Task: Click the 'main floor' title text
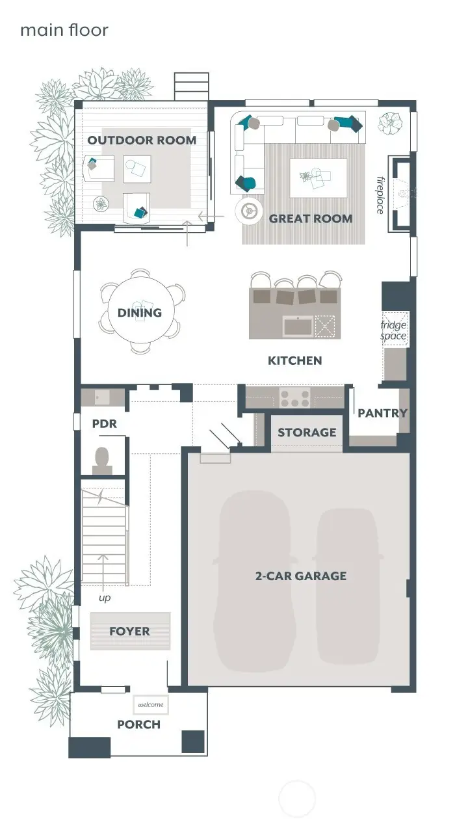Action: coord(64,30)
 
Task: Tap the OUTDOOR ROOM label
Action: coord(142,140)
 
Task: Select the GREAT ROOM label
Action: coord(311,219)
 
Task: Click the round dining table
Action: coord(140,312)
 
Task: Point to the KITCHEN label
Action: coord(294,360)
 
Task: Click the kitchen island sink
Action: coord(297,326)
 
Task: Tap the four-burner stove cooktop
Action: coord(294,397)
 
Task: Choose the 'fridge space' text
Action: coord(393,330)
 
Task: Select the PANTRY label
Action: coord(382,413)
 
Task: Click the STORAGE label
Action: coord(307,433)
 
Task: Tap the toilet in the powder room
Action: coord(102,460)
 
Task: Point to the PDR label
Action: coord(104,423)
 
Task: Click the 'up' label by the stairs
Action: coord(104,597)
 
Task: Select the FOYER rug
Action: coord(130,631)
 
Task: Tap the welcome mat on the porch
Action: coord(150,704)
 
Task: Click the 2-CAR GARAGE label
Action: coord(300,576)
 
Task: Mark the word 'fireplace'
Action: coord(380,194)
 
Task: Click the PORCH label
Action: coord(138,725)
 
